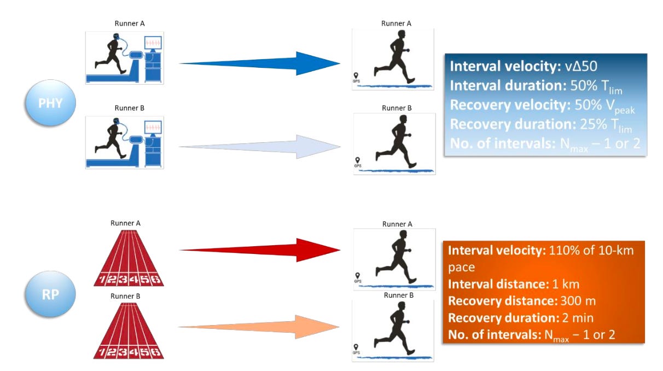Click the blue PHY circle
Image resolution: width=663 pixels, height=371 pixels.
(x=50, y=103)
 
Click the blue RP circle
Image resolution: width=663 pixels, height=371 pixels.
(x=50, y=293)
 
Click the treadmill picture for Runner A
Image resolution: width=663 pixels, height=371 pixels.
(x=124, y=57)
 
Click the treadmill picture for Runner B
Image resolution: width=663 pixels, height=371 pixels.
(x=124, y=141)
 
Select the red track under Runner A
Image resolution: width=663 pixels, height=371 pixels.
(x=129, y=257)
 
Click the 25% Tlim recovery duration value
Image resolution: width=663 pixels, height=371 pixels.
(x=604, y=125)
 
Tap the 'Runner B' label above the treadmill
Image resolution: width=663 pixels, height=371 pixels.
(x=129, y=108)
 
